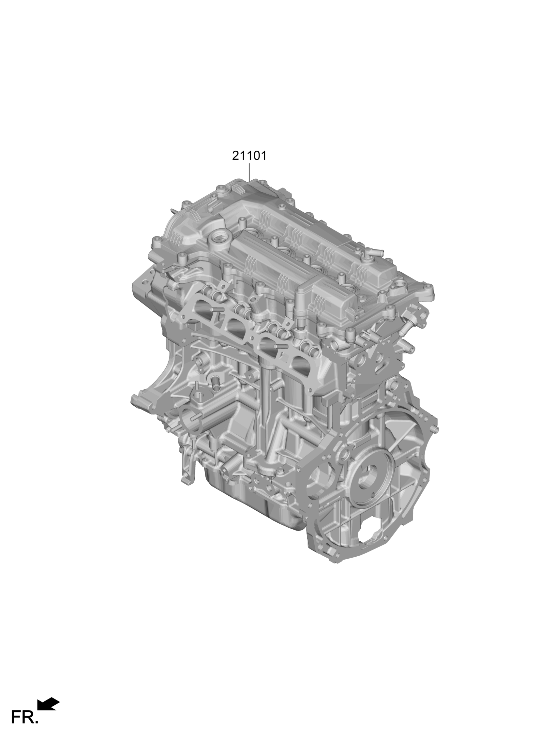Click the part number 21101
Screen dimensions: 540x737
pos(249,156)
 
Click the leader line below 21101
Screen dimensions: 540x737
pos(249,172)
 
